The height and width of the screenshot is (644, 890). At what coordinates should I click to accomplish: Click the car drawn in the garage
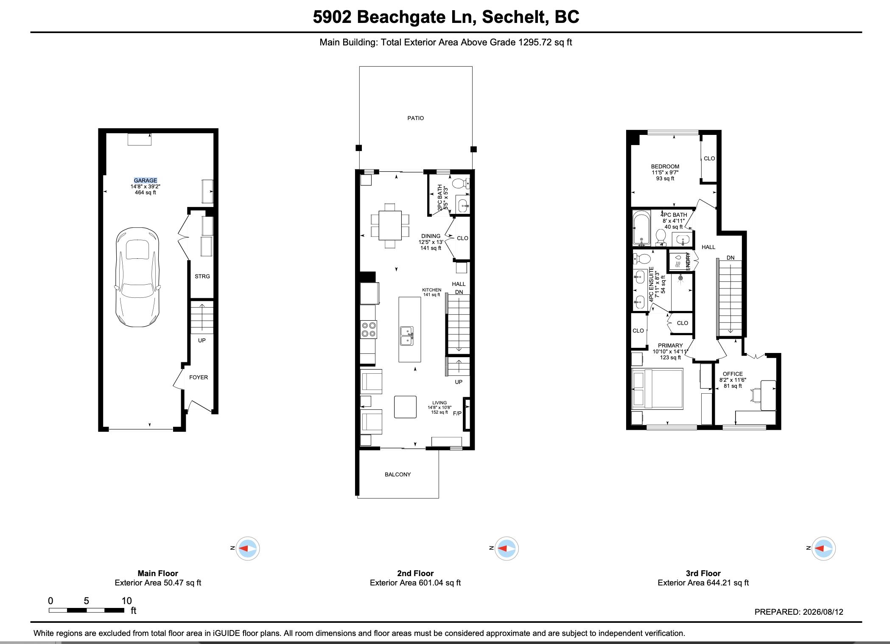tap(137, 277)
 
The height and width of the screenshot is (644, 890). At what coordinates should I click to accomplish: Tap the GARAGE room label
tap(146, 180)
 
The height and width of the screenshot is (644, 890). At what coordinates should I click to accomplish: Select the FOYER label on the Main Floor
tap(199, 377)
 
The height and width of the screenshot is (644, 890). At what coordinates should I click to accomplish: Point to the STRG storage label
tap(202, 276)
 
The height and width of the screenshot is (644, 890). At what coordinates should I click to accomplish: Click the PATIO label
tap(416, 118)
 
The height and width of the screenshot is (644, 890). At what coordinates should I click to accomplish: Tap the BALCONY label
tap(398, 474)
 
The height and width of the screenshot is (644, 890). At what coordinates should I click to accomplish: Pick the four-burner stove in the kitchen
tap(368, 330)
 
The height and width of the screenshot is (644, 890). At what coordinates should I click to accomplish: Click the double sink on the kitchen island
tap(407, 336)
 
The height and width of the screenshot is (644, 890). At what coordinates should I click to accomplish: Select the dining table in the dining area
tap(390, 225)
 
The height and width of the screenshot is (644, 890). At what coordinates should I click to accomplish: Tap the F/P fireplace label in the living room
tap(457, 413)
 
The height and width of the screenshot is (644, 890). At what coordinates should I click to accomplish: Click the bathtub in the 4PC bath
tap(641, 229)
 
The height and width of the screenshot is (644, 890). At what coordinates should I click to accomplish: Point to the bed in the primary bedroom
tap(658, 389)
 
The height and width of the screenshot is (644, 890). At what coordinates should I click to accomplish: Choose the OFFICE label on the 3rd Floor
tap(733, 374)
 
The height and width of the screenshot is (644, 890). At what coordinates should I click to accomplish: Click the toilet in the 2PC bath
tap(460, 183)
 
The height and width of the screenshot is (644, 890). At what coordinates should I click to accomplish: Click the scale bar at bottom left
tap(86, 610)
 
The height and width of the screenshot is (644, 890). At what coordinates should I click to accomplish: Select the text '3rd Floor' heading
tap(703, 573)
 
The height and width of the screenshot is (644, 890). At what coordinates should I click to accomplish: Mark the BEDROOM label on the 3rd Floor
tap(665, 166)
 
